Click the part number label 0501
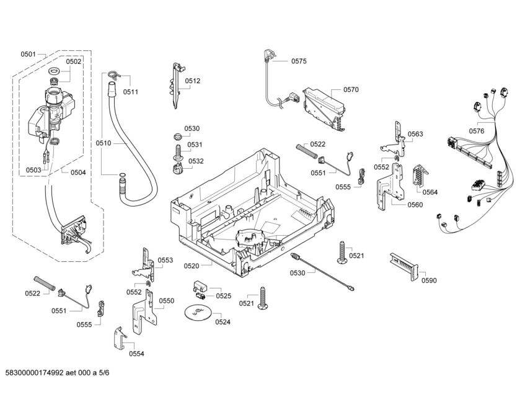[28, 55]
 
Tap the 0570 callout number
[351, 90]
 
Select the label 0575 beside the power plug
[299, 61]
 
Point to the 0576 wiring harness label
[477, 131]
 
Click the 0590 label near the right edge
[429, 280]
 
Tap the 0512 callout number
[193, 81]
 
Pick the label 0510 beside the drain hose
[104, 143]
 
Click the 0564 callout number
[430, 192]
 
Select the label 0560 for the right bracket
[415, 205]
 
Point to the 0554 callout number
[137, 354]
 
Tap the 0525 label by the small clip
[223, 296]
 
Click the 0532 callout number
[196, 161]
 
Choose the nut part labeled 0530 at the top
[177, 136]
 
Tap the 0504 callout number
[78, 172]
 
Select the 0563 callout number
[415, 134]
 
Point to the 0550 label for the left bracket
[167, 301]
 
